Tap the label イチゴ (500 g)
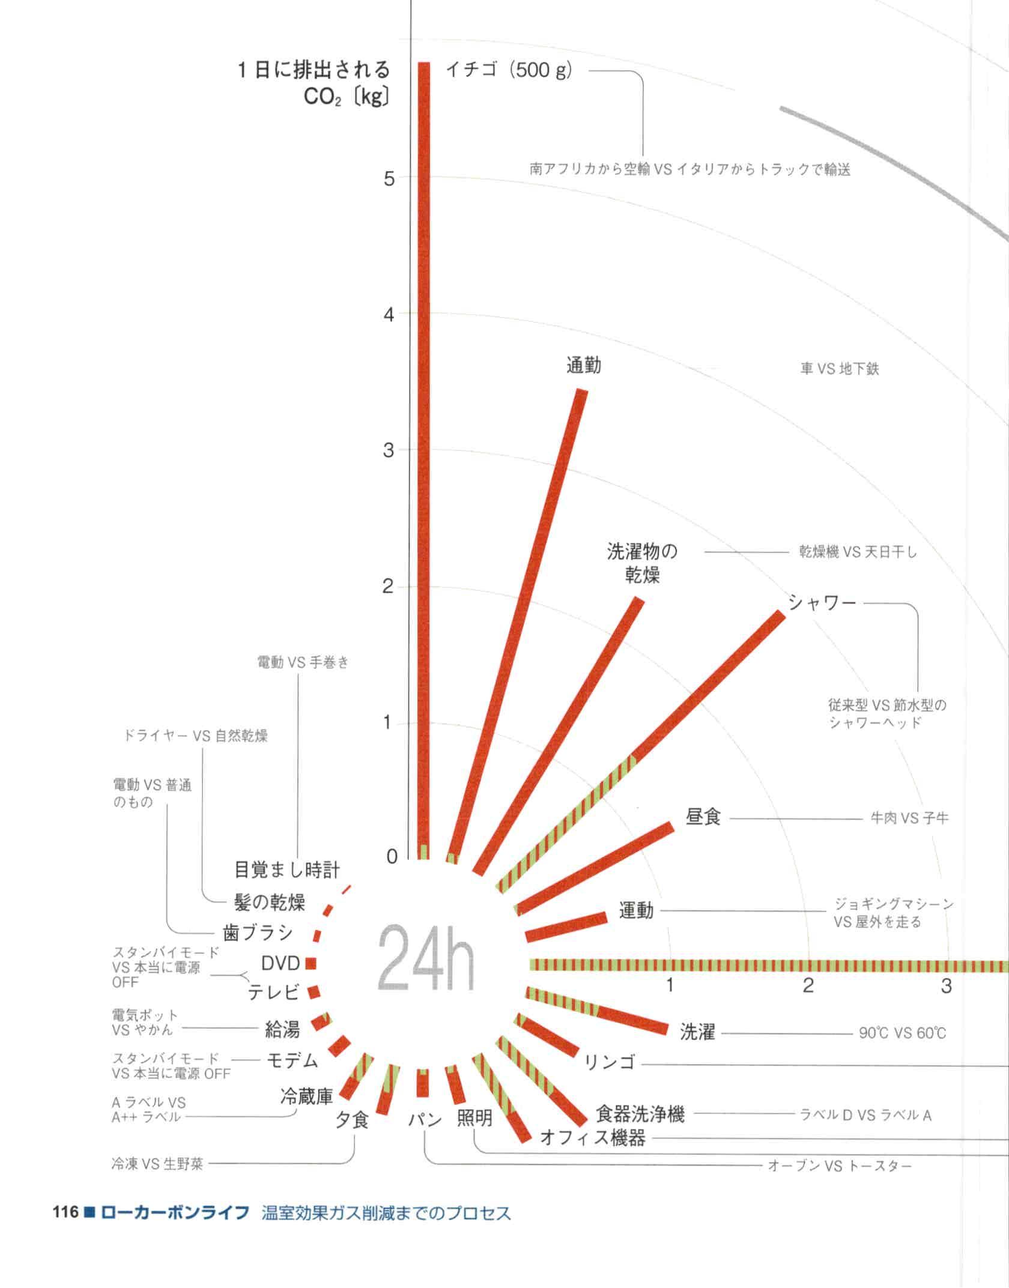point(509,70)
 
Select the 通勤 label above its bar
point(583,365)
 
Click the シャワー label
point(822,602)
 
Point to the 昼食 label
point(703,817)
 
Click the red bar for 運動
point(566,926)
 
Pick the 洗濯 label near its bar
point(697,1032)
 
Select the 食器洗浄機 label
point(640,1114)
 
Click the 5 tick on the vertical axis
point(389,178)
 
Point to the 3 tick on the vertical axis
point(389,450)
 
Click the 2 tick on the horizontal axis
point(808,985)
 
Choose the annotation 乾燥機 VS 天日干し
point(858,552)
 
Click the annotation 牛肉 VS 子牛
point(909,818)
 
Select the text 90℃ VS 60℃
point(902,1033)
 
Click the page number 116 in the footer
point(65,1212)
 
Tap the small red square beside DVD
point(311,963)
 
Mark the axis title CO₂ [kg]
point(347,97)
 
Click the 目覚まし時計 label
point(286,869)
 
